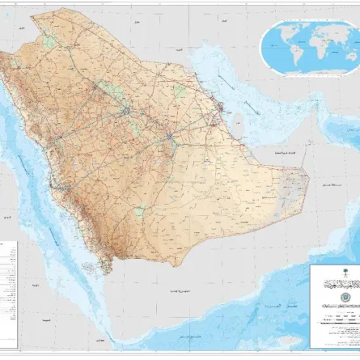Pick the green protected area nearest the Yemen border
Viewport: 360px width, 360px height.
[x=139, y=212]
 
